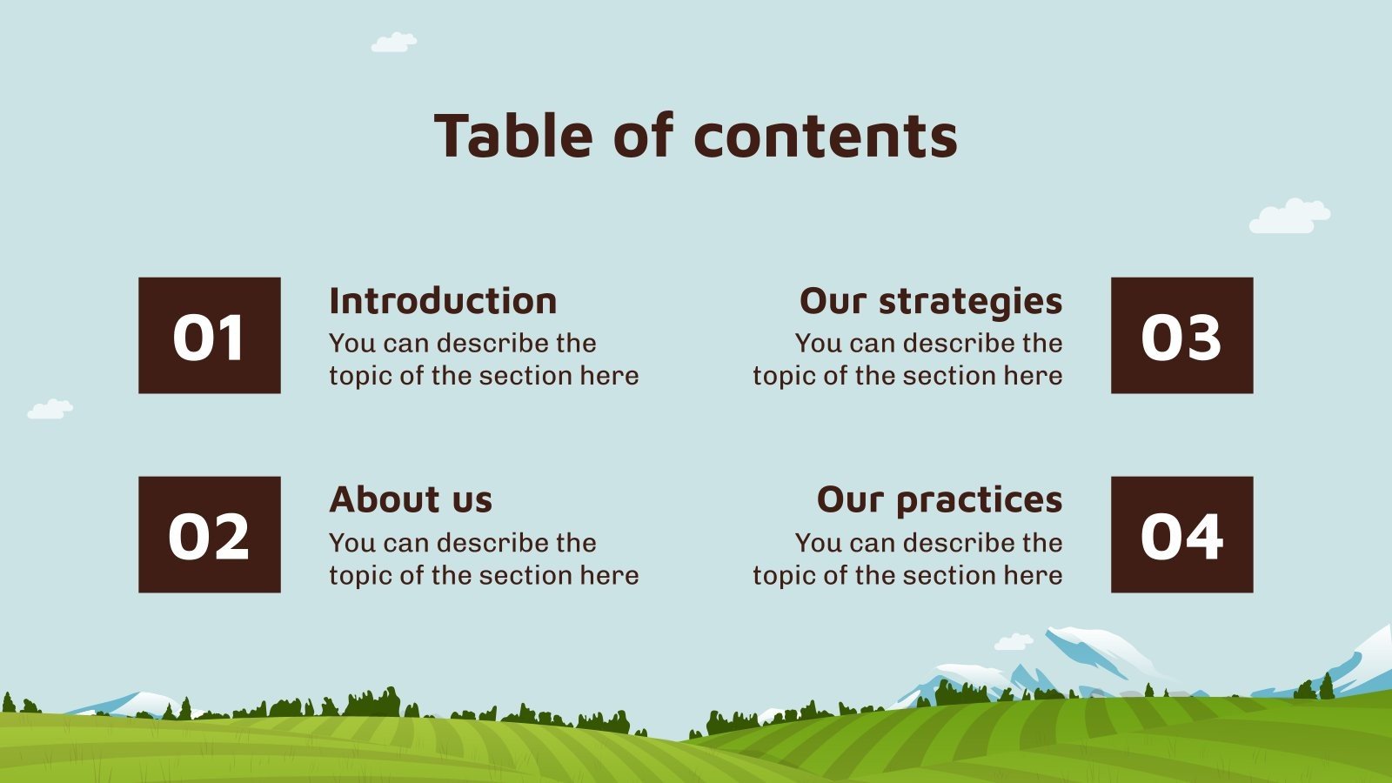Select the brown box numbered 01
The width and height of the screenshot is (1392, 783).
pos(209,336)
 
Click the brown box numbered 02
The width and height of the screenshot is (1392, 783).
pos(209,534)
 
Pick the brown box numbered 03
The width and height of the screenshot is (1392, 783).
pos(1181,336)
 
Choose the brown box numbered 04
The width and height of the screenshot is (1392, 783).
pos(1181,534)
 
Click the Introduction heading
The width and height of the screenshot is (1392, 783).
pos(443,301)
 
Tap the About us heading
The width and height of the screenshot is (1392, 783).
pos(411,499)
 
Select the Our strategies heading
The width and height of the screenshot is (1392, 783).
pos(931,301)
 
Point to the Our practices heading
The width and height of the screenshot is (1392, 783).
pos(940,499)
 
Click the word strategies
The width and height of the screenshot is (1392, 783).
pos(970,302)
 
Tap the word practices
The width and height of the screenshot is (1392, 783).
pos(979,500)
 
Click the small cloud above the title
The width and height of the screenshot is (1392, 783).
pos(394,42)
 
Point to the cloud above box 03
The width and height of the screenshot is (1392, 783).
pos(1289,217)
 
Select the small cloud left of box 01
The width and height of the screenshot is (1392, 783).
pos(50,409)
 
